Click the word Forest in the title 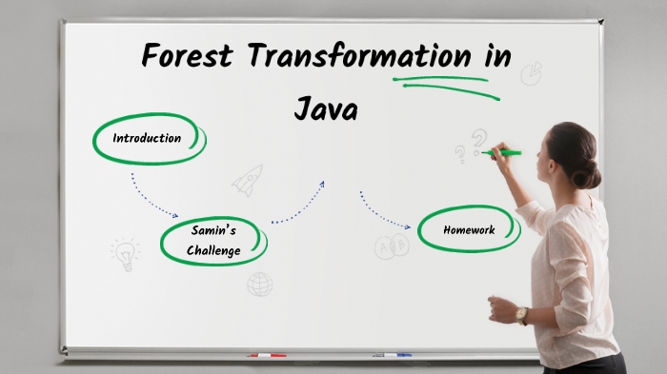187,55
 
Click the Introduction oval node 148,138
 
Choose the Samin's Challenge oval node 213,241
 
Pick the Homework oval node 469,229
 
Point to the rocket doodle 248,180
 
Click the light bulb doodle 124,253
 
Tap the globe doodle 259,284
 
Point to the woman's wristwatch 521,315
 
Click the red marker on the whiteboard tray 267,355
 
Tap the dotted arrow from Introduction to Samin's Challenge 152,197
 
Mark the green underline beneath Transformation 446,82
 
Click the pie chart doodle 531,73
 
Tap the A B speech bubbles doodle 391,247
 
